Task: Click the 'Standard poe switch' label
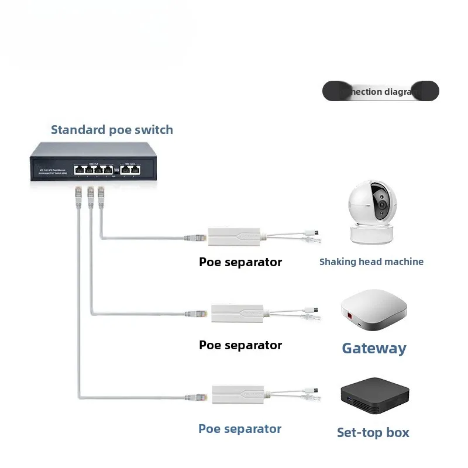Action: tap(112, 130)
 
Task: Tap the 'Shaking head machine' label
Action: tap(371, 261)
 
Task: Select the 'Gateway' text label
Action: tap(374, 348)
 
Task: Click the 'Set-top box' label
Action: tap(373, 433)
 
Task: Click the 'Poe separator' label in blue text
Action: tap(240, 429)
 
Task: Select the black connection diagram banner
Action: tap(380, 91)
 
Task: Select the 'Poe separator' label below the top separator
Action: tap(240, 262)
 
